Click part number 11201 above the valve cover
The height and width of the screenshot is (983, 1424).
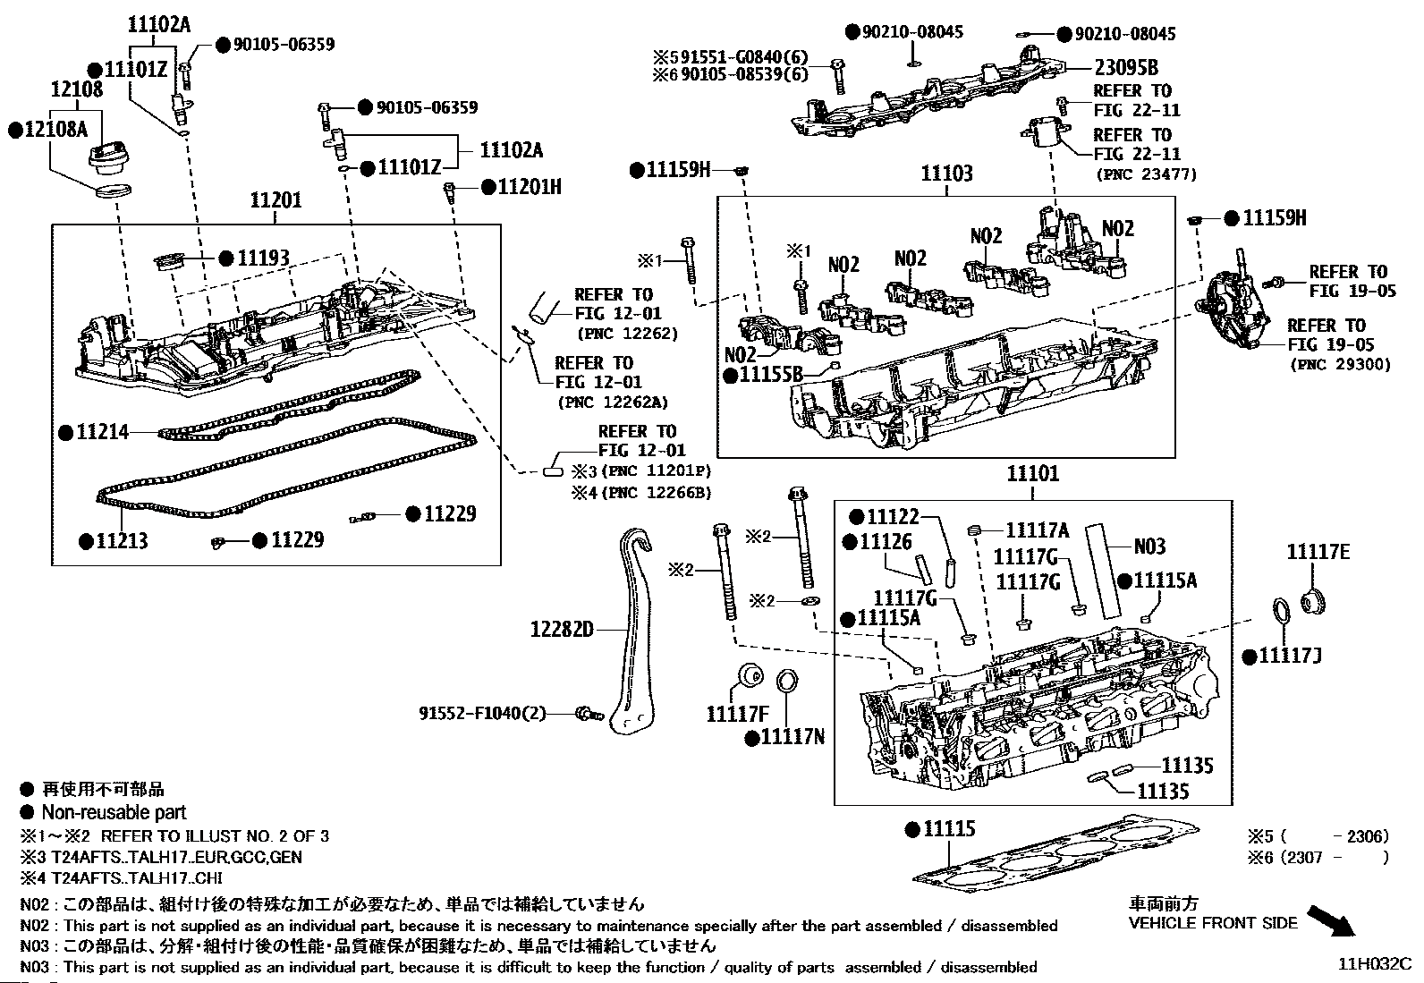pos(275,200)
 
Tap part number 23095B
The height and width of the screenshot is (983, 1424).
pos(1126,67)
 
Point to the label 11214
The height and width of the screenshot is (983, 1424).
pos(103,433)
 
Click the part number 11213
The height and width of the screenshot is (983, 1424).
pos(122,541)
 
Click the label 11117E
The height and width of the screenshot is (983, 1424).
pos(1318,553)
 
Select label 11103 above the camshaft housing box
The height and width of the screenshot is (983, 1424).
pos(946,174)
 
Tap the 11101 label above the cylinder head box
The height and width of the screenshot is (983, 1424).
pos(1032,474)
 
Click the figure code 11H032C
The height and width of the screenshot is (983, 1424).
pos(1374,964)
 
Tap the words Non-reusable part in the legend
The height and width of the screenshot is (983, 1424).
pos(114,812)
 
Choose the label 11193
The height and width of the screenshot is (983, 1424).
pos(263,259)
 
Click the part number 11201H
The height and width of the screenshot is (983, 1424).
pos(530,187)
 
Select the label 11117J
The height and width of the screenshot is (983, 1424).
pos(1290,657)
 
